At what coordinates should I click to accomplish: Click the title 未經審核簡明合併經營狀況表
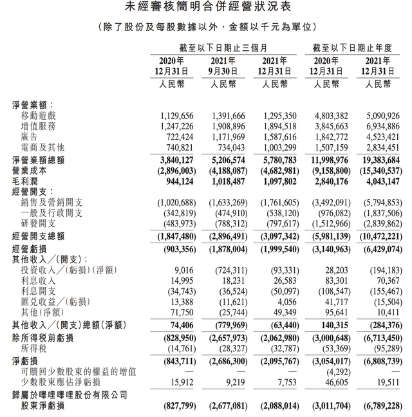[x=205, y=8]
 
